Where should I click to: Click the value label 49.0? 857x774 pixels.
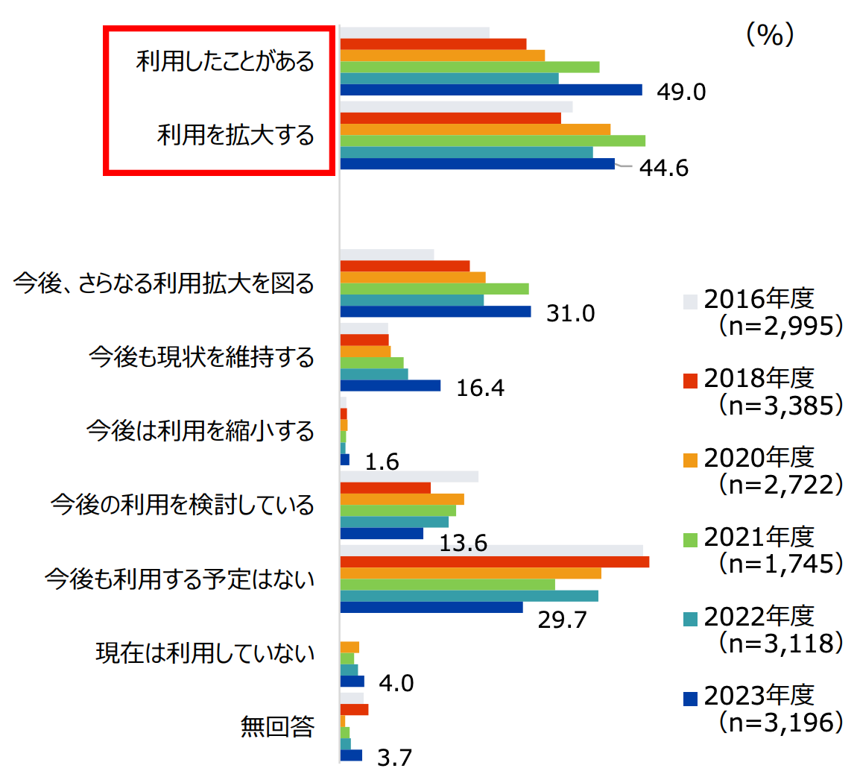pyautogui.click(x=681, y=92)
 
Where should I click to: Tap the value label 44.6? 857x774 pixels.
pyautogui.click(x=664, y=168)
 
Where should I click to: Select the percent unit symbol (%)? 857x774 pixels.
pyautogui.click(x=771, y=35)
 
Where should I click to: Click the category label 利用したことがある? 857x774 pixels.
pyautogui.click(x=225, y=61)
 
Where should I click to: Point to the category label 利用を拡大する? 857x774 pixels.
pyautogui.click(x=235, y=135)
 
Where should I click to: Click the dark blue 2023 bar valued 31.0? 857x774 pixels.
pyautogui.click(x=435, y=312)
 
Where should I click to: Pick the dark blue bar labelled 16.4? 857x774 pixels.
pyautogui.click(x=390, y=386)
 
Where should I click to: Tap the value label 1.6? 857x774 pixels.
pyautogui.click(x=382, y=462)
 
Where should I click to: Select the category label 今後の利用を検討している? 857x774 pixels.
pyautogui.click(x=183, y=505)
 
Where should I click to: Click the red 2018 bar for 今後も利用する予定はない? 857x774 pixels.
pyautogui.click(x=494, y=561)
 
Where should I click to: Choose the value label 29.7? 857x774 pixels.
pyautogui.click(x=563, y=620)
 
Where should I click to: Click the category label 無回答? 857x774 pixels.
pyautogui.click(x=277, y=726)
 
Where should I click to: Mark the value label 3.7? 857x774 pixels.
pyautogui.click(x=395, y=758)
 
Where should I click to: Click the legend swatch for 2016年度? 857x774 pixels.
pyautogui.click(x=691, y=301)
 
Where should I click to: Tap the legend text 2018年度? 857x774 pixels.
pyautogui.click(x=759, y=378)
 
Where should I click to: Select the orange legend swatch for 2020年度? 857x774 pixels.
pyautogui.click(x=691, y=459)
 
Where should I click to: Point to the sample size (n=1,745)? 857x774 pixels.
pyautogui.click(x=781, y=564)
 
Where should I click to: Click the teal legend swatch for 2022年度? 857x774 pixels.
pyautogui.click(x=691, y=618)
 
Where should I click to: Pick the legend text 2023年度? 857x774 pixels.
pyautogui.click(x=759, y=695)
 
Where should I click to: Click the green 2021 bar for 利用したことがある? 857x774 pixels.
pyautogui.click(x=469, y=67)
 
